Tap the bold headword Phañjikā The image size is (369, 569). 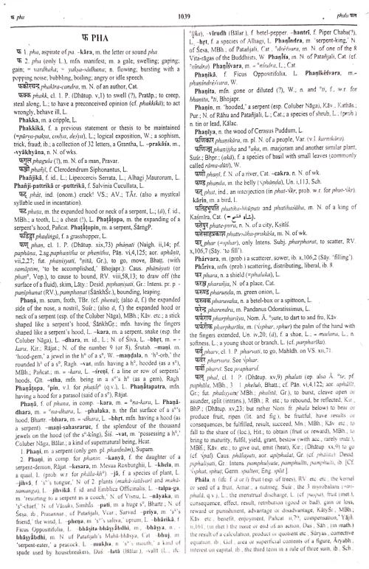(23, 183)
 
